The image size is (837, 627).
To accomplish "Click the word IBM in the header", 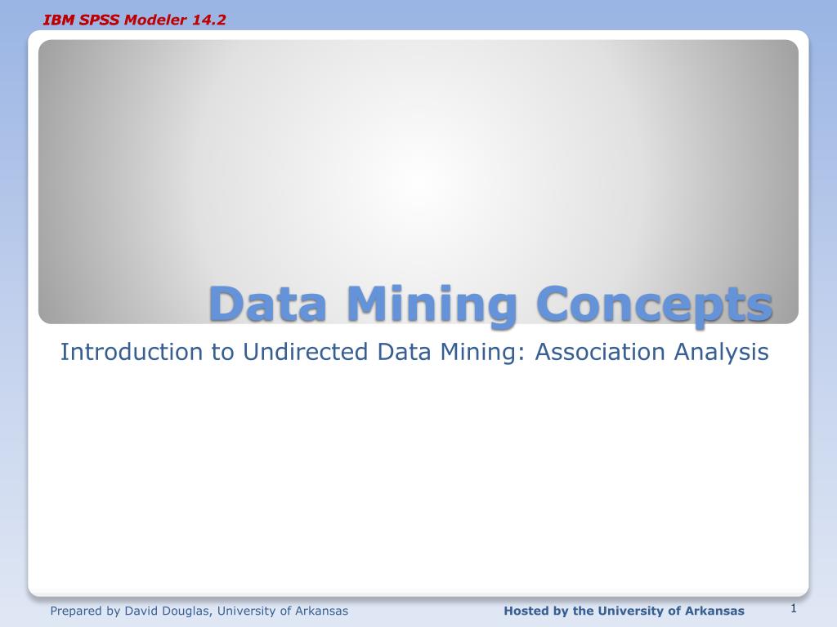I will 56,20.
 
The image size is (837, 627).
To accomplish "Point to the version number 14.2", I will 209,20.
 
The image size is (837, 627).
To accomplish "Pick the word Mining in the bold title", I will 432,304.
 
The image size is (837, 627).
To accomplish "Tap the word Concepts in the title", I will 654,304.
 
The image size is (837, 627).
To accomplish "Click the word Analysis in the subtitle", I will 722,352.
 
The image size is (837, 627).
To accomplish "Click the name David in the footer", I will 141,611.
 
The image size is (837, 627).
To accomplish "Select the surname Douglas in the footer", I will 187,611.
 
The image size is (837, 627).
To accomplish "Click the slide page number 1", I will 793,608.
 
